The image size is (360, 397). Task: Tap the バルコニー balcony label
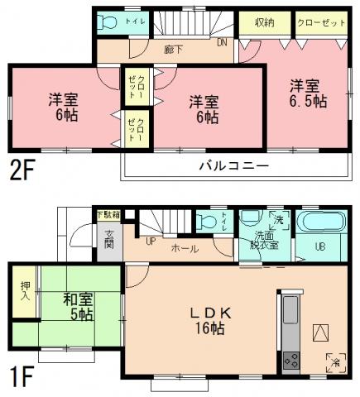[x=233, y=166]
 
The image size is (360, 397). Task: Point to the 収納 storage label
[x=264, y=22]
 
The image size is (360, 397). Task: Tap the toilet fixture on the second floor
[x=106, y=23]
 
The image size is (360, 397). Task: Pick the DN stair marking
[x=222, y=42]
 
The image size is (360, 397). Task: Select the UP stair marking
[x=150, y=242]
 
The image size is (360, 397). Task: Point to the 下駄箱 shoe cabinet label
[x=108, y=215]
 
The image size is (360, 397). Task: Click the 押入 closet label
[x=24, y=292]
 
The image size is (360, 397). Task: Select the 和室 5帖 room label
[x=79, y=307]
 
